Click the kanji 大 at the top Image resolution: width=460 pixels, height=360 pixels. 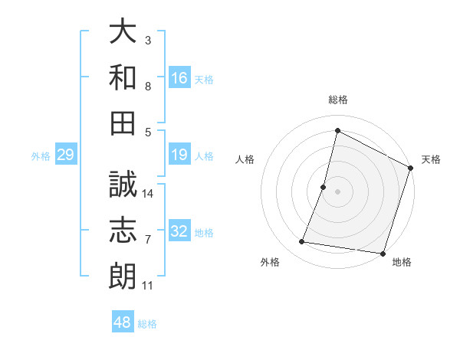[x=123, y=33]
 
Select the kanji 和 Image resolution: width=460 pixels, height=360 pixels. [x=123, y=77]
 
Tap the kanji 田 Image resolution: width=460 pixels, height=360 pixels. [x=123, y=123]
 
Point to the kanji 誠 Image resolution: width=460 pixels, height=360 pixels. [x=123, y=184]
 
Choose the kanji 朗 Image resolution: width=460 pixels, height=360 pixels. [x=123, y=277]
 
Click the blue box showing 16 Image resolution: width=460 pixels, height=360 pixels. [x=179, y=78]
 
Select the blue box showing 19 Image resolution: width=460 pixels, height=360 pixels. [x=179, y=155]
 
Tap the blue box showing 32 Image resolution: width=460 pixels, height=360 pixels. [x=179, y=232]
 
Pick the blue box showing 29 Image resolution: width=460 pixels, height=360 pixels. [x=65, y=155]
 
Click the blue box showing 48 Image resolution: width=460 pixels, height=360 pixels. [x=123, y=322]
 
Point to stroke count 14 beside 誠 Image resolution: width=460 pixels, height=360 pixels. [x=149, y=194]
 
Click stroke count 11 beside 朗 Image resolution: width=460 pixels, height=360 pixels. [x=148, y=286]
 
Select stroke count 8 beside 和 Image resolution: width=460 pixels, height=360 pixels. [x=148, y=87]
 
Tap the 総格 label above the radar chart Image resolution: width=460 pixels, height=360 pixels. [x=338, y=100]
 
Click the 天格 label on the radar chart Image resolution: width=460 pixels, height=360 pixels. [x=431, y=159]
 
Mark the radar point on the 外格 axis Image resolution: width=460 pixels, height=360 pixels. [x=302, y=242]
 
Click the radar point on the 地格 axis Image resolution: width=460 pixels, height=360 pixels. [x=383, y=253]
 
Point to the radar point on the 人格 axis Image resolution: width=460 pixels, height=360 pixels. [x=324, y=187]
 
